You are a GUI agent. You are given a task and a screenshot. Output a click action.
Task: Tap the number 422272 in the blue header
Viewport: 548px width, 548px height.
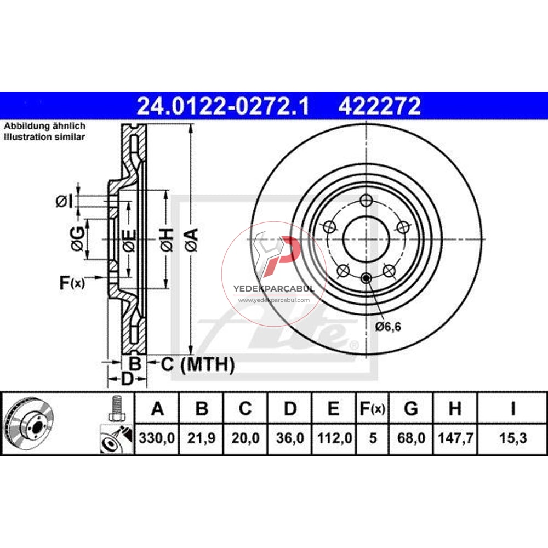(x=380, y=106)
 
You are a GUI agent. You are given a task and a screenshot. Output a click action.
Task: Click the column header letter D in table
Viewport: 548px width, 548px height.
(x=290, y=409)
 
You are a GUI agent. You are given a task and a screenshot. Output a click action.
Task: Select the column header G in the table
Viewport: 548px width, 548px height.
(x=410, y=409)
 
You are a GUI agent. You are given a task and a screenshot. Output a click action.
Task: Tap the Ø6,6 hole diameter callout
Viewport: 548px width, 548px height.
(x=389, y=327)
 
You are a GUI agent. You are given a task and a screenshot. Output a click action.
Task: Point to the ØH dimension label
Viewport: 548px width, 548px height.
(x=167, y=240)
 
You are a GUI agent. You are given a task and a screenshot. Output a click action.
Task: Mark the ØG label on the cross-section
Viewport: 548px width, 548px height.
(x=78, y=239)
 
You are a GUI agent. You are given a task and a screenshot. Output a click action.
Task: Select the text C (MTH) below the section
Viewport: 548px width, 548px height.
(x=197, y=364)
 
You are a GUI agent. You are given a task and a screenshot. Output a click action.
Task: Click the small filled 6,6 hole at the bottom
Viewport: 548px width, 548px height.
(x=366, y=279)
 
